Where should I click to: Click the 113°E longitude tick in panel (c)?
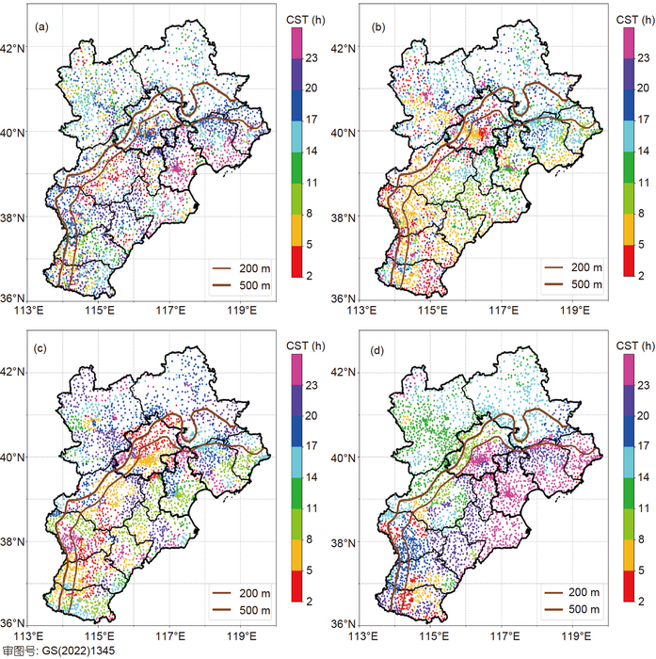pyautogui.click(x=30, y=634)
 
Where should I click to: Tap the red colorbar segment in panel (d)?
pyautogui.click(x=628, y=586)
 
